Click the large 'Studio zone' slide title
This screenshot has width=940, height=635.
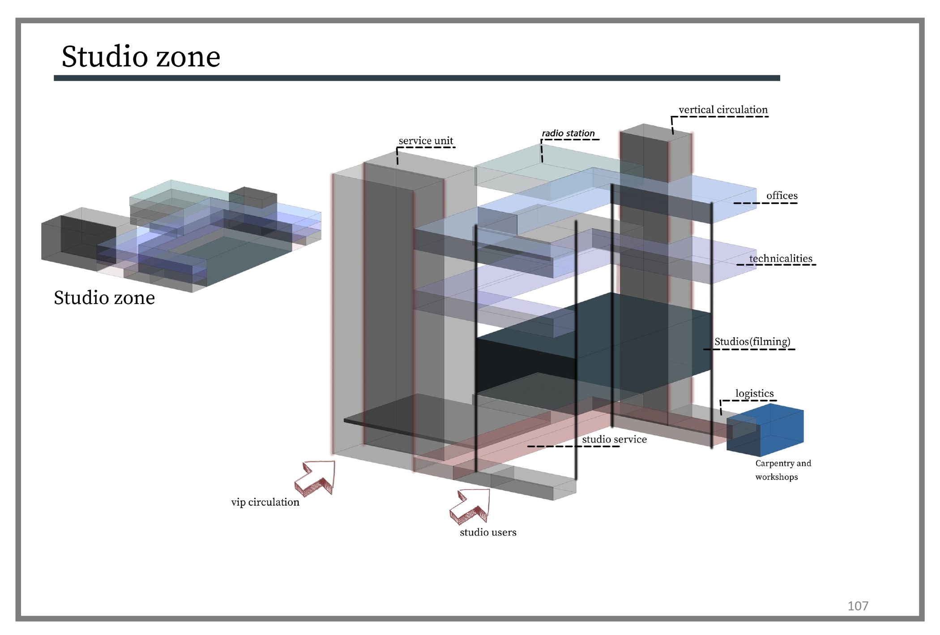coord(141,56)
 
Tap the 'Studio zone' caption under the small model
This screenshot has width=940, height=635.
coord(104,298)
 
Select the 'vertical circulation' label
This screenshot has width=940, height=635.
coord(723,110)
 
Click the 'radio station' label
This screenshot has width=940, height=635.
coord(568,133)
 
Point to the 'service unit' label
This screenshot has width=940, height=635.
coord(426,141)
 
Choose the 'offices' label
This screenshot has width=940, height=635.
coord(782,196)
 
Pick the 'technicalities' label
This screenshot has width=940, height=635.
coord(781,258)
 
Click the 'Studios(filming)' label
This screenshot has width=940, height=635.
coord(752,342)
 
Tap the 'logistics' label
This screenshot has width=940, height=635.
coord(755,394)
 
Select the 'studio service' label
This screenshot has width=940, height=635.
coord(614,439)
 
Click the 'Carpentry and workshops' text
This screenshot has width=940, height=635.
coord(783,470)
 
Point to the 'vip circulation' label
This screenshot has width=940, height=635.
coord(265,502)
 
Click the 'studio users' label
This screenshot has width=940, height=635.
coord(488,532)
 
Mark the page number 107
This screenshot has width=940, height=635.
coord(858,606)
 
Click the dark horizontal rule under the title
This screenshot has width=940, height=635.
coord(417,78)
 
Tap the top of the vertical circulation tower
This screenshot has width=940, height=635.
coord(656,133)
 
